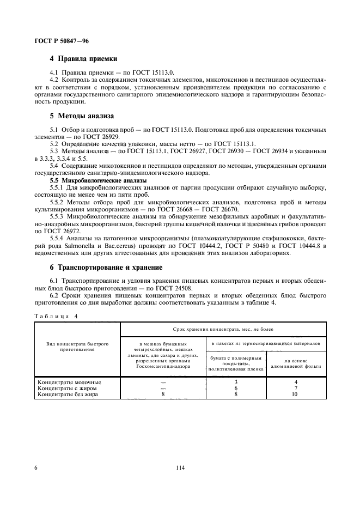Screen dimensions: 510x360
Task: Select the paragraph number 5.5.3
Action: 58,216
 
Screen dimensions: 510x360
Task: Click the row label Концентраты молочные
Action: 69,382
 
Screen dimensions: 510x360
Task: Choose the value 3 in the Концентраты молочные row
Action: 235,382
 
